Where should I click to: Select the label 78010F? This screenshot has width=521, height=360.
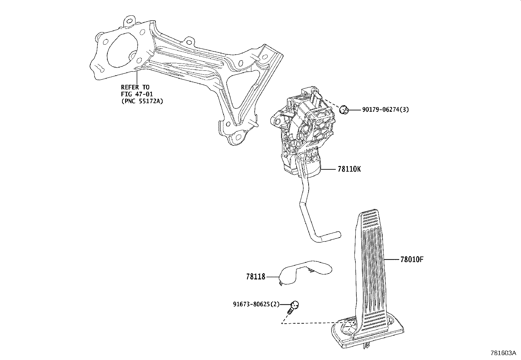[x=412, y=259]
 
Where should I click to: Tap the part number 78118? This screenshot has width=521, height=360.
[x=256, y=277]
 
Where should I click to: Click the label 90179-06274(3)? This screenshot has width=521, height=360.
[x=385, y=110]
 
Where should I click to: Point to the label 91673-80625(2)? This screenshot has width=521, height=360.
[x=256, y=304]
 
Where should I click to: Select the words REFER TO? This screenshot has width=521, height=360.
[x=135, y=87]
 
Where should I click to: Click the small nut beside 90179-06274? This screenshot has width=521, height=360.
[x=344, y=110]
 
